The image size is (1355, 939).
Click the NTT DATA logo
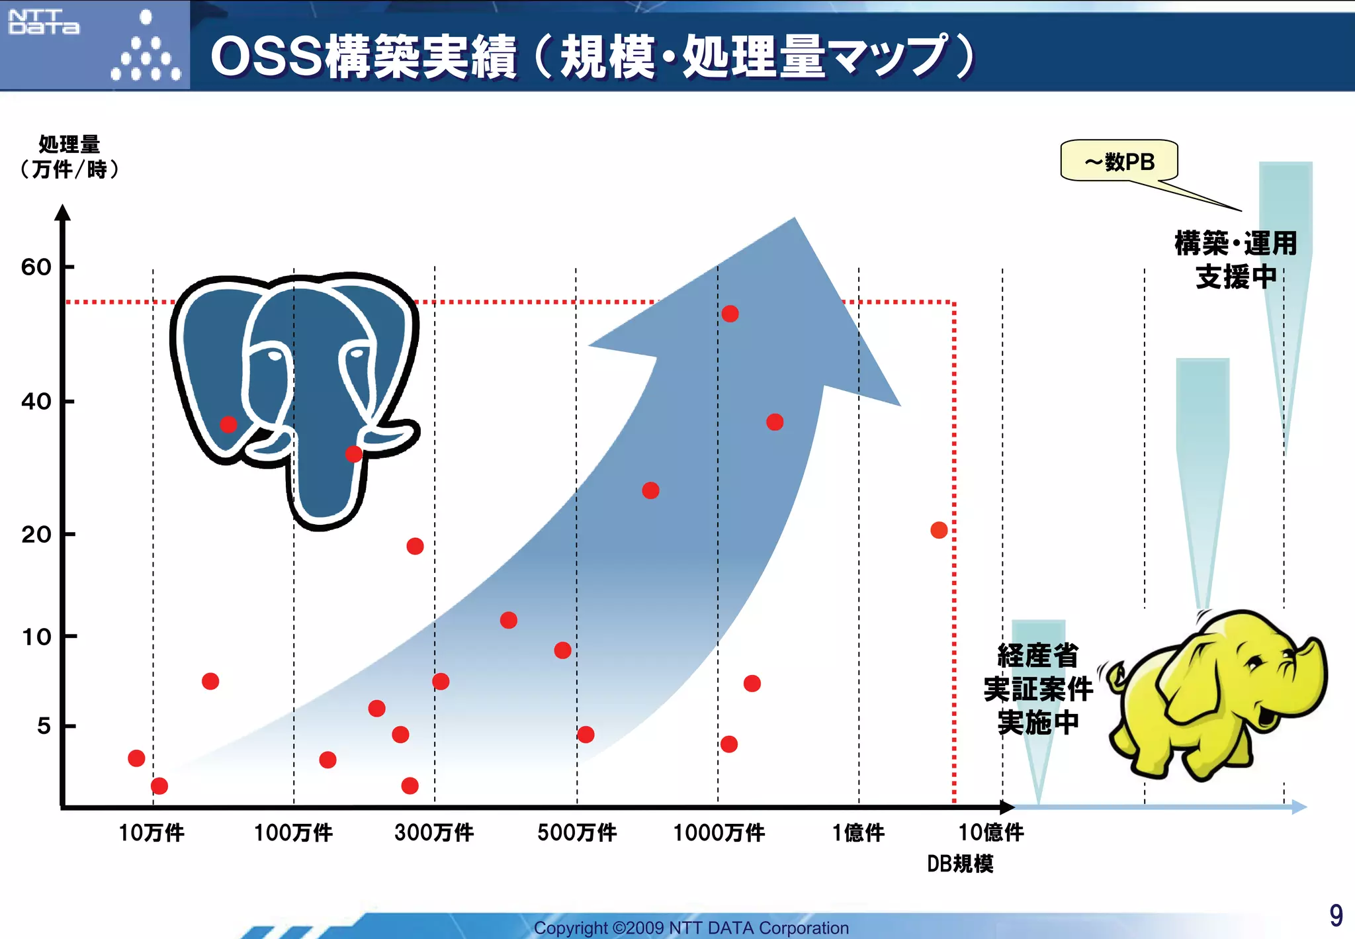pos(44,22)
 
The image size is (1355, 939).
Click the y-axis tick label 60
pos(36,267)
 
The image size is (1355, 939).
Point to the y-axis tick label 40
pos(36,401)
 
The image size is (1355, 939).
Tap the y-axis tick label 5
pos(44,726)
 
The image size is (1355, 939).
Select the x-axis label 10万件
pos(152,832)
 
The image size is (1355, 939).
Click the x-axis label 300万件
pos(434,832)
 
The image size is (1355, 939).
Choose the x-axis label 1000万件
pos(719,832)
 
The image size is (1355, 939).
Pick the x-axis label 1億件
pos(858,832)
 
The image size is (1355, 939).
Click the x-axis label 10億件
pos(991,832)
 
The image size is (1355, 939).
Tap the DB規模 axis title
pos(960,864)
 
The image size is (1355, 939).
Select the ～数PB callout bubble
pos(1119,161)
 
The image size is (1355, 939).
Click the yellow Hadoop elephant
pos(1217,695)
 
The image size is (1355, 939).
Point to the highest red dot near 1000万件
pos(730,314)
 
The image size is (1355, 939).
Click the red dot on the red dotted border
pos(939,530)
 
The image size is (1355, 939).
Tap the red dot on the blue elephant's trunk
pos(354,454)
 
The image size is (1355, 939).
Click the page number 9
pos(1336,916)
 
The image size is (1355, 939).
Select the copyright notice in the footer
pos(691,928)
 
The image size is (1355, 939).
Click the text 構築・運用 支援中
pos(1235,260)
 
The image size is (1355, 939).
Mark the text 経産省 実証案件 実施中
pos(1037,689)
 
